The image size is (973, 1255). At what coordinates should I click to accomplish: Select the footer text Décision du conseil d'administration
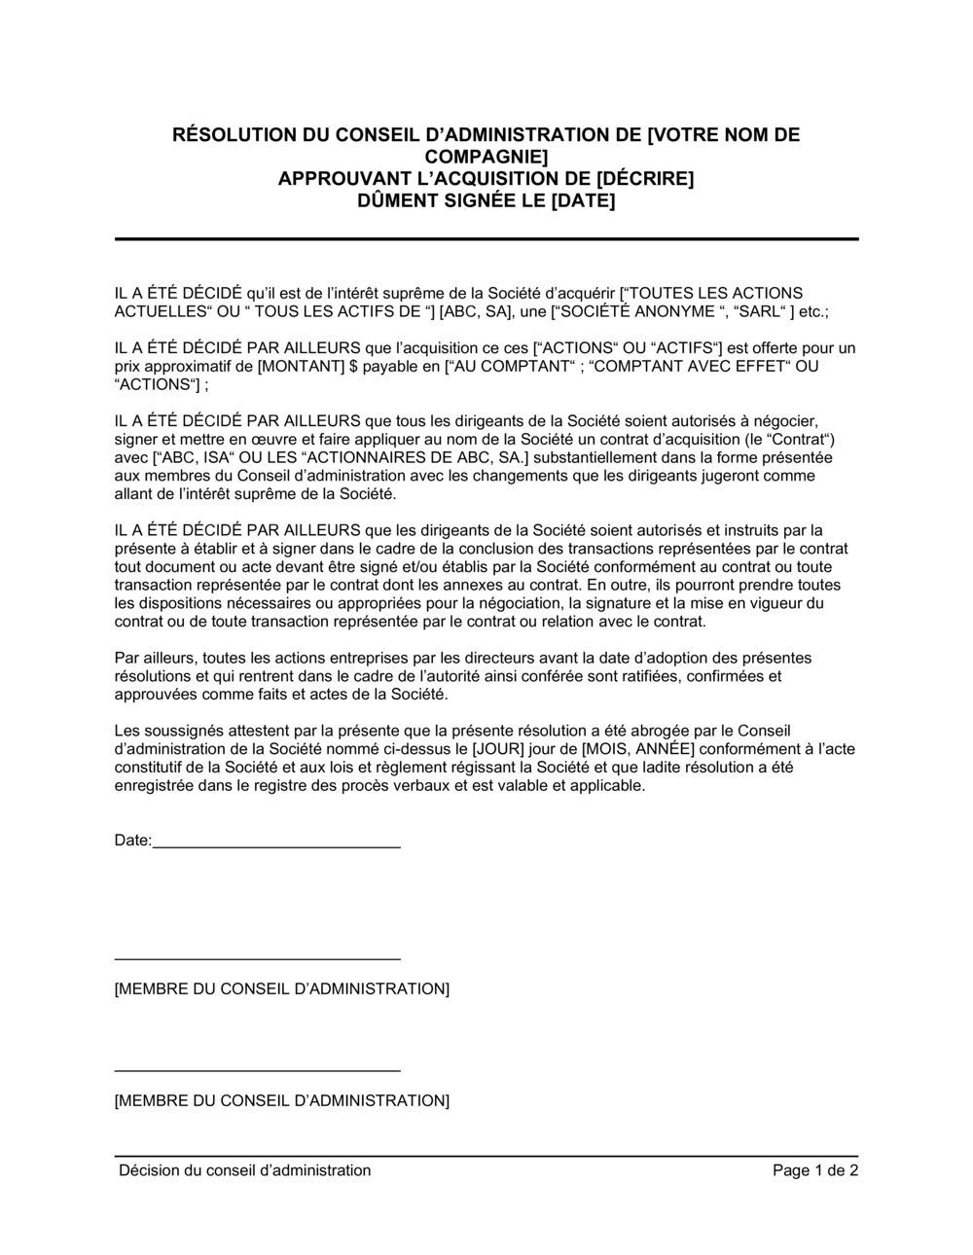(244, 1170)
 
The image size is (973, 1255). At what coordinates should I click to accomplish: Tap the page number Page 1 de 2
(815, 1170)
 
